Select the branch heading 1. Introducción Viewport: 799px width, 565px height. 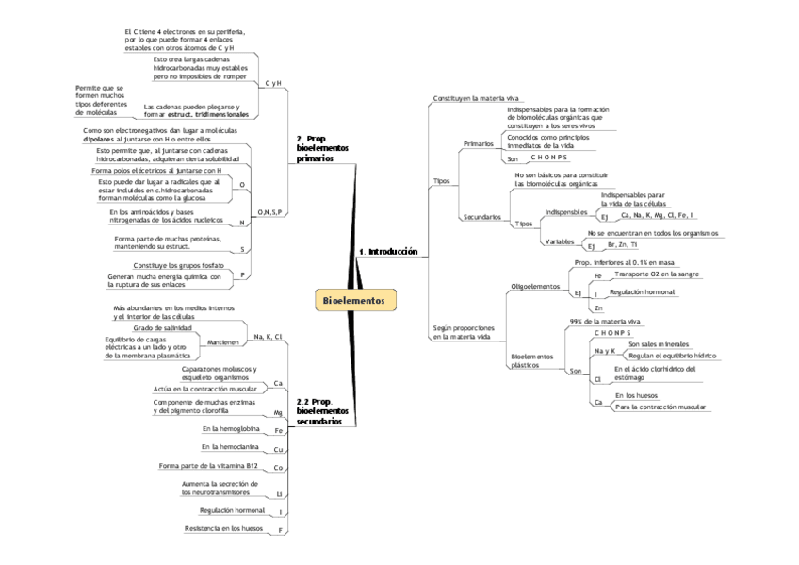(x=387, y=252)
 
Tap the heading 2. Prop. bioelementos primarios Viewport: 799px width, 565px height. (x=322, y=149)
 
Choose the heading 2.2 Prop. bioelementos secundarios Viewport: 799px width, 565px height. (x=322, y=412)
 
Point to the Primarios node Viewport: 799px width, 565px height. (x=479, y=143)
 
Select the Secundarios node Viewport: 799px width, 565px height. (x=481, y=217)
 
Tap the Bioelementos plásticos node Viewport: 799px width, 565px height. (x=531, y=360)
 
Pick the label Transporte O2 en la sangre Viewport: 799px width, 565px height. (x=656, y=274)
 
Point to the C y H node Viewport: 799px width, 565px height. (x=273, y=84)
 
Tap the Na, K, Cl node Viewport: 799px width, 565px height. (x=269, y=336)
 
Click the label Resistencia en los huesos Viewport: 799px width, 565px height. (x=223, y=528)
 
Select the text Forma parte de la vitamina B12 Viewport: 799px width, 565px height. (x=208, y=466)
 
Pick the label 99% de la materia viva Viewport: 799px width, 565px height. (x=604, y=322)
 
